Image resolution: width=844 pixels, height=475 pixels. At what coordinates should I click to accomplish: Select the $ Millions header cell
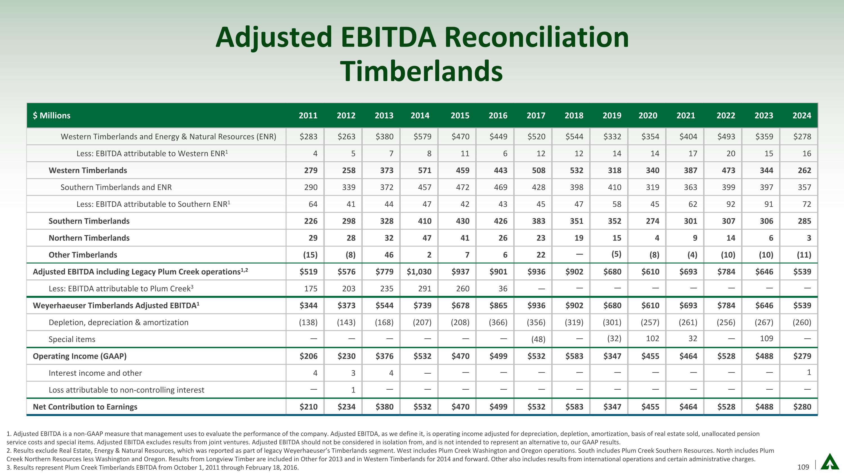coord(51,115)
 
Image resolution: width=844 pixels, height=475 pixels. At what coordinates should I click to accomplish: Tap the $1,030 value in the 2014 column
coord(419,272)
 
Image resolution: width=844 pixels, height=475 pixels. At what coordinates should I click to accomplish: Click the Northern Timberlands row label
coord(89,238)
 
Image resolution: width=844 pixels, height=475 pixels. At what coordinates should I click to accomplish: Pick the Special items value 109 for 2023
coord(766,339)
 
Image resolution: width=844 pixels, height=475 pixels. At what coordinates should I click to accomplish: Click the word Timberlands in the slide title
coord(421,71)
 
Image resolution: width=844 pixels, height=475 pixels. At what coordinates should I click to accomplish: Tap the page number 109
coord(803,467)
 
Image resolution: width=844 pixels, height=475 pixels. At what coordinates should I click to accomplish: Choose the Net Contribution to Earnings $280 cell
coord(802,407)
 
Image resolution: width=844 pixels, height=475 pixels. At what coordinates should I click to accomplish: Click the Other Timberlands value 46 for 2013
coord(389,255)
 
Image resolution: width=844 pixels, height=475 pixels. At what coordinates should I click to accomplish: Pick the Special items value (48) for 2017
coord(538,339)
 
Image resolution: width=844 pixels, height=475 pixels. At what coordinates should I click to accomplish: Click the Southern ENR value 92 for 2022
coord(730,204)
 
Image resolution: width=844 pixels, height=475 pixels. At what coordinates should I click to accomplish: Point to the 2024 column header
coord(802,115)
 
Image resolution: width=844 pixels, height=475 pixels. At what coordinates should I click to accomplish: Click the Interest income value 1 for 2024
coord(809,373)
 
